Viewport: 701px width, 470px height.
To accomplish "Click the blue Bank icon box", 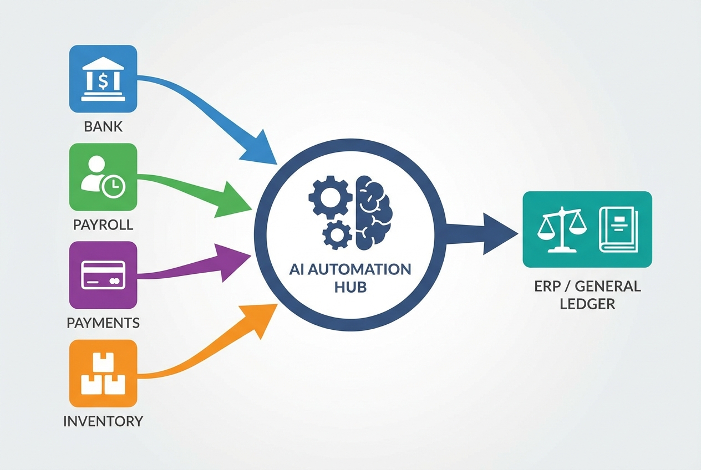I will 103,79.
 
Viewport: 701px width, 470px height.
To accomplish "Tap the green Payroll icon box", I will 103,177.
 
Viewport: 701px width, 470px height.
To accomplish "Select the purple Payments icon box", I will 103,275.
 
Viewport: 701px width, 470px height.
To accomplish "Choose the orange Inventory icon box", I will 103,374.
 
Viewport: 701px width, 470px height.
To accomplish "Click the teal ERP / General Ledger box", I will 587,229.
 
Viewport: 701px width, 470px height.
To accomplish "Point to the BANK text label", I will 103,127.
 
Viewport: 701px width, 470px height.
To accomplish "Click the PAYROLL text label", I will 103,225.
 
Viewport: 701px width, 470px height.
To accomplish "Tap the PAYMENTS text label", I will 103,323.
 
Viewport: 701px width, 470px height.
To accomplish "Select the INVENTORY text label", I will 103,421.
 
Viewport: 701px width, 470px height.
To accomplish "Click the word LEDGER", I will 587,304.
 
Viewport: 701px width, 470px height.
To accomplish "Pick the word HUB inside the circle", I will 350,288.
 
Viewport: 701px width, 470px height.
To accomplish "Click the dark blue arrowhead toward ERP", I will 499,233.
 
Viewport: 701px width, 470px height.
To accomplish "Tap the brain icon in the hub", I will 373,211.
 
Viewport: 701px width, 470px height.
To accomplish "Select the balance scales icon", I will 560,229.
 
